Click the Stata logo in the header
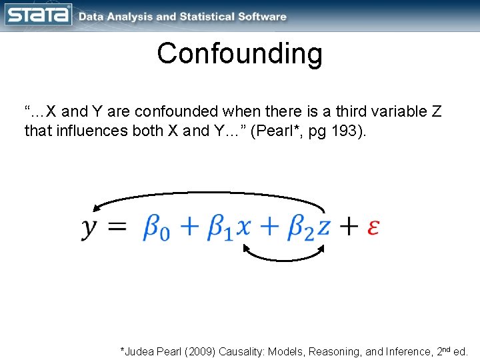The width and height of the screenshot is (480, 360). pos(38,15)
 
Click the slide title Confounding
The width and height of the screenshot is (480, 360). pos(239,54)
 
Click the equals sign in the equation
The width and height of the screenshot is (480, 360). pos(117,227)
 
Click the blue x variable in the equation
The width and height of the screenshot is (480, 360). pos(244,228)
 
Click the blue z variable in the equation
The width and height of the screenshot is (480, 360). pos(323,228)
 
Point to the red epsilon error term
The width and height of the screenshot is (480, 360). pos(374,227)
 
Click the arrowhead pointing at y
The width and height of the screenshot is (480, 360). pos(97,208)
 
